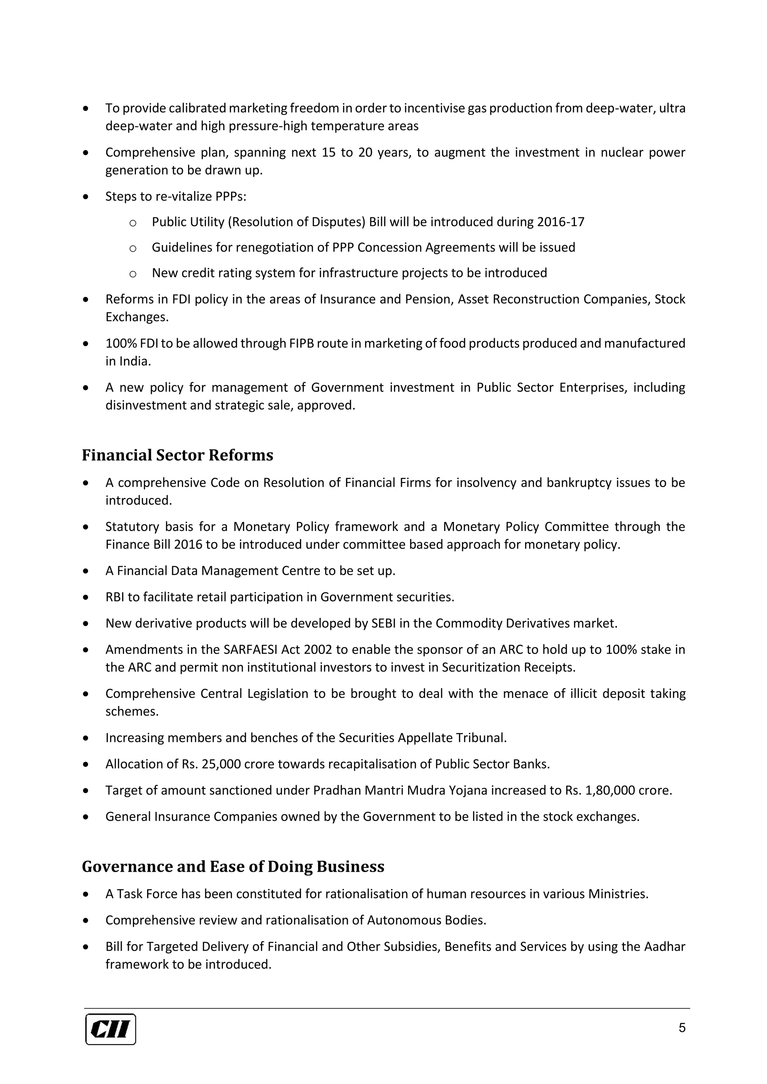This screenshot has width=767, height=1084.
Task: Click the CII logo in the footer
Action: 110,1029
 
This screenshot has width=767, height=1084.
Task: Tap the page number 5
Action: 682,1028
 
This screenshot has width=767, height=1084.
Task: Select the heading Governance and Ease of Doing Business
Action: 233,866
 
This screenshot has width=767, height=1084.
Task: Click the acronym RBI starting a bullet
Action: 115,597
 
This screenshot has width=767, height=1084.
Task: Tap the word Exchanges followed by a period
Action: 136,317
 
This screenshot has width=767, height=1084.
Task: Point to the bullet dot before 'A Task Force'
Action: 85,894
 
